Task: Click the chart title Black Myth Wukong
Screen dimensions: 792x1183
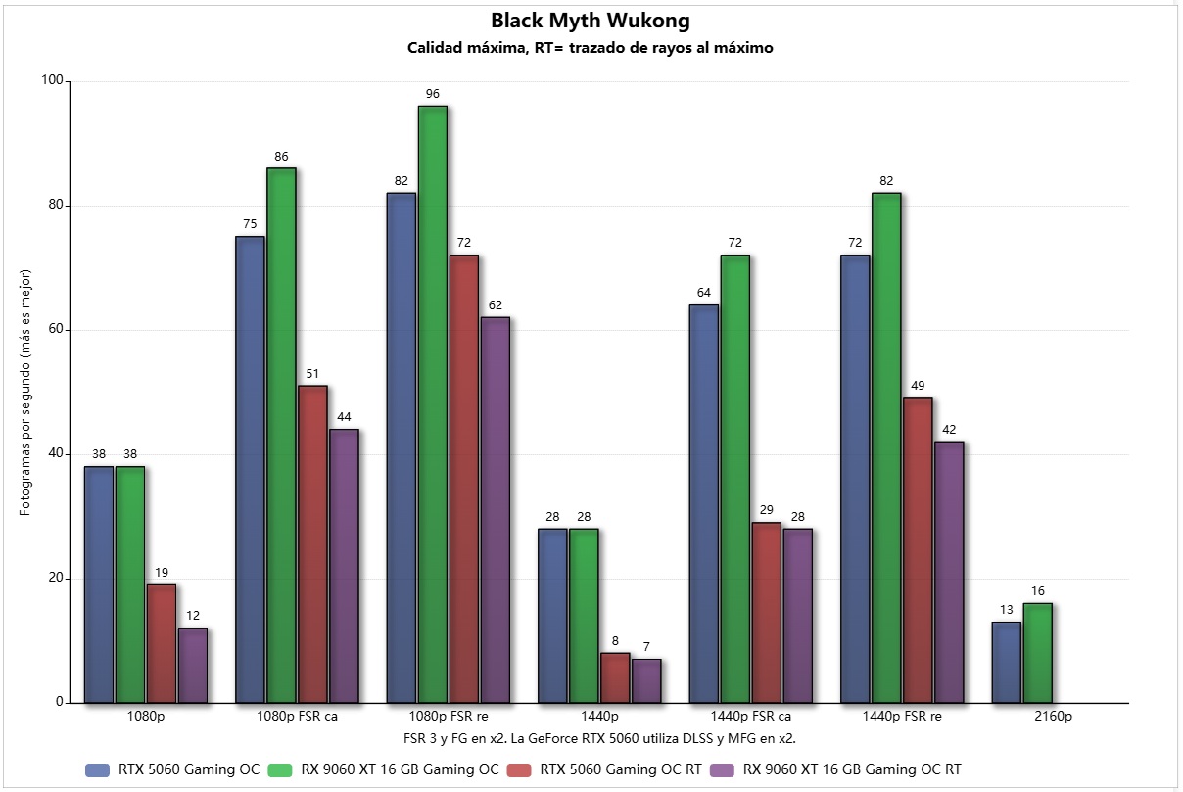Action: pyautogui.click(x=591, y=21)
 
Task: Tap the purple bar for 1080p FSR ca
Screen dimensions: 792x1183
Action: pyautogui.click(x=344, y=566)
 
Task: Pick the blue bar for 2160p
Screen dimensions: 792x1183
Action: pyautogui.click(x=1006, y=662)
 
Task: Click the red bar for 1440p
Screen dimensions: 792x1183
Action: pyautogui.click(x=615, y=677)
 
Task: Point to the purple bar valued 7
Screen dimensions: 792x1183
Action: pyautogui.click(x=646, y=680)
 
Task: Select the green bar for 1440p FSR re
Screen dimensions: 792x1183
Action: pyautogui.click(x=886, y=447)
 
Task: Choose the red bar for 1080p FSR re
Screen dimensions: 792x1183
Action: pyautogui.click(x=463, y=479)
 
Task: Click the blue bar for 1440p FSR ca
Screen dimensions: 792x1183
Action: pyautogui.click(x=703, y=503)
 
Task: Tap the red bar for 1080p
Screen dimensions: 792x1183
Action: pyautogui.click(x=161, y=643)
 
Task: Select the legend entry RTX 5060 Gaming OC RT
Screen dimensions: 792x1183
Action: pyautogui.click(x=620, y=769)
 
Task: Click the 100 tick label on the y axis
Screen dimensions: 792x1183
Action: pyautogui.click(x=50, y=82)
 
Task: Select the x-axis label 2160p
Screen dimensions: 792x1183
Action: pyautogui.click(x=1053, y=717)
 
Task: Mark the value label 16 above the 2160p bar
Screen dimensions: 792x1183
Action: pyautogui.click(x=1037, y=591)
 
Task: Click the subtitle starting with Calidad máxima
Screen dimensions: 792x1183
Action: pyautogui.click(x=591, y=48)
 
